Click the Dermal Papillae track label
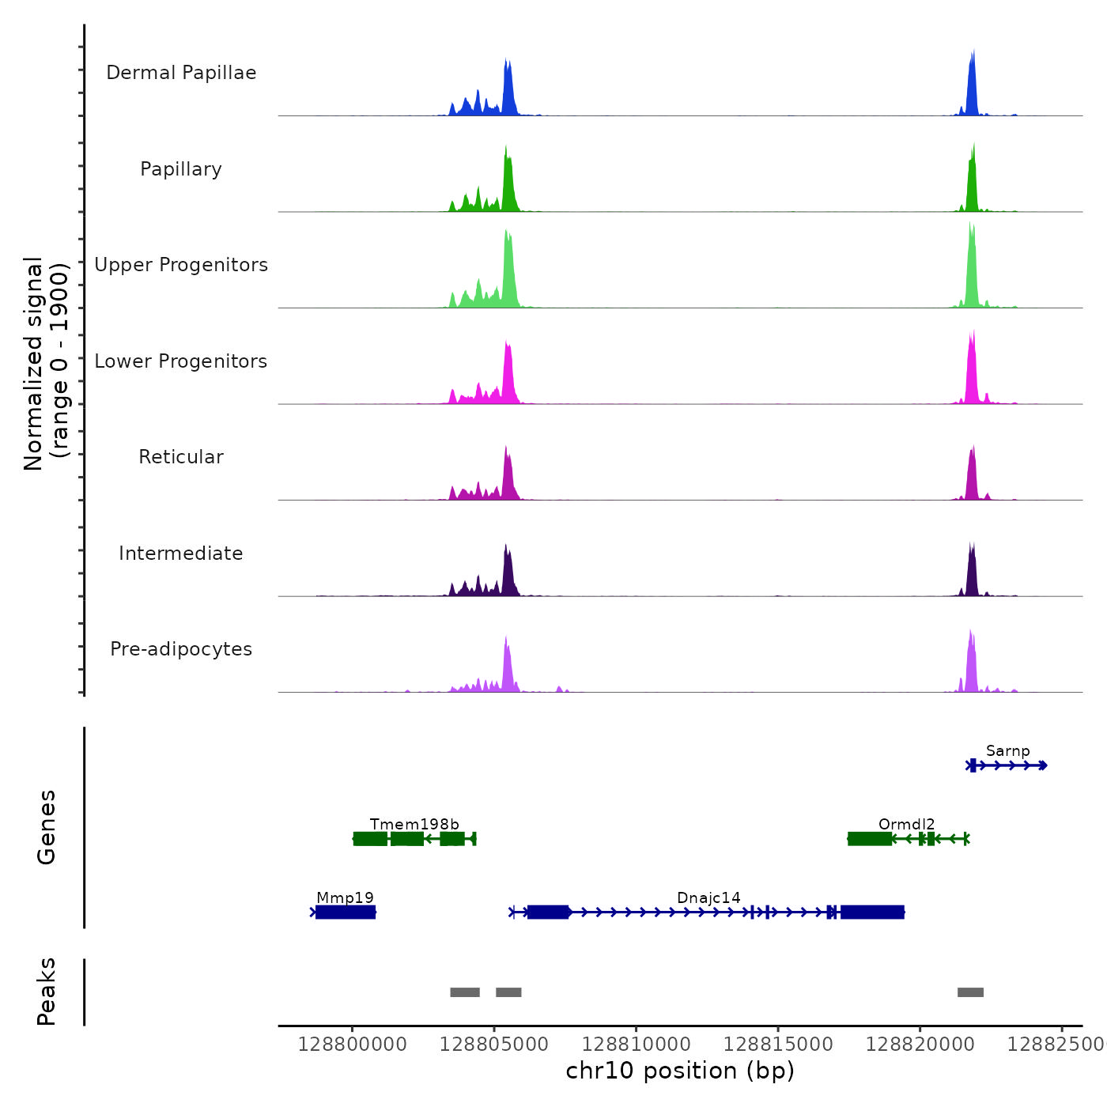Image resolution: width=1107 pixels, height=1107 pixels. [181, 73]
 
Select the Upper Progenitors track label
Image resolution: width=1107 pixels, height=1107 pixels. [181, 265]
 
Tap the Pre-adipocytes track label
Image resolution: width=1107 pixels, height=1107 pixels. [181, 649]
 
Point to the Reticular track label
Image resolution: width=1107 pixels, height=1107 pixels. [181, 457]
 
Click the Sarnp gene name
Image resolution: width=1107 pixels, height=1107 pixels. [1007, 751]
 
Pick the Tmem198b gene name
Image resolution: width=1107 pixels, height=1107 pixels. [414, 825]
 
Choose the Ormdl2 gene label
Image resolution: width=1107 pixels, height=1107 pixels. [906, 825]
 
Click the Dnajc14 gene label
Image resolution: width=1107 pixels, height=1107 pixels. [708, 898]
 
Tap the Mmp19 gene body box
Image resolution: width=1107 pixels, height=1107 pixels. [346, 912]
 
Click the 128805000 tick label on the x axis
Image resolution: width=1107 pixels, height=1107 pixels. [494, 1045]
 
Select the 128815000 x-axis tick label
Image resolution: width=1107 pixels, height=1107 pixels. [778, 1045]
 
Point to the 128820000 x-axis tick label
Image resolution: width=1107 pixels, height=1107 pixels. [920, 1045]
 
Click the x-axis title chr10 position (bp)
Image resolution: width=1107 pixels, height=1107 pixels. [680, 1071]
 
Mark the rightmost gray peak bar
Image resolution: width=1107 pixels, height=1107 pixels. [970, 992]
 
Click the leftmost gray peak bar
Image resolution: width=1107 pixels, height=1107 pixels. [465, 992]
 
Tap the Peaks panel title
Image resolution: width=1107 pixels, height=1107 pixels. [47, 992]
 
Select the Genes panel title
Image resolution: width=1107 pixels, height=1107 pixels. [47, 827]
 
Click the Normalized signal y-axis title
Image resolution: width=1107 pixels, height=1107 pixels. [46, 364]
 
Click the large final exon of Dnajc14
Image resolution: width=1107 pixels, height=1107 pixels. [872, 912]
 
